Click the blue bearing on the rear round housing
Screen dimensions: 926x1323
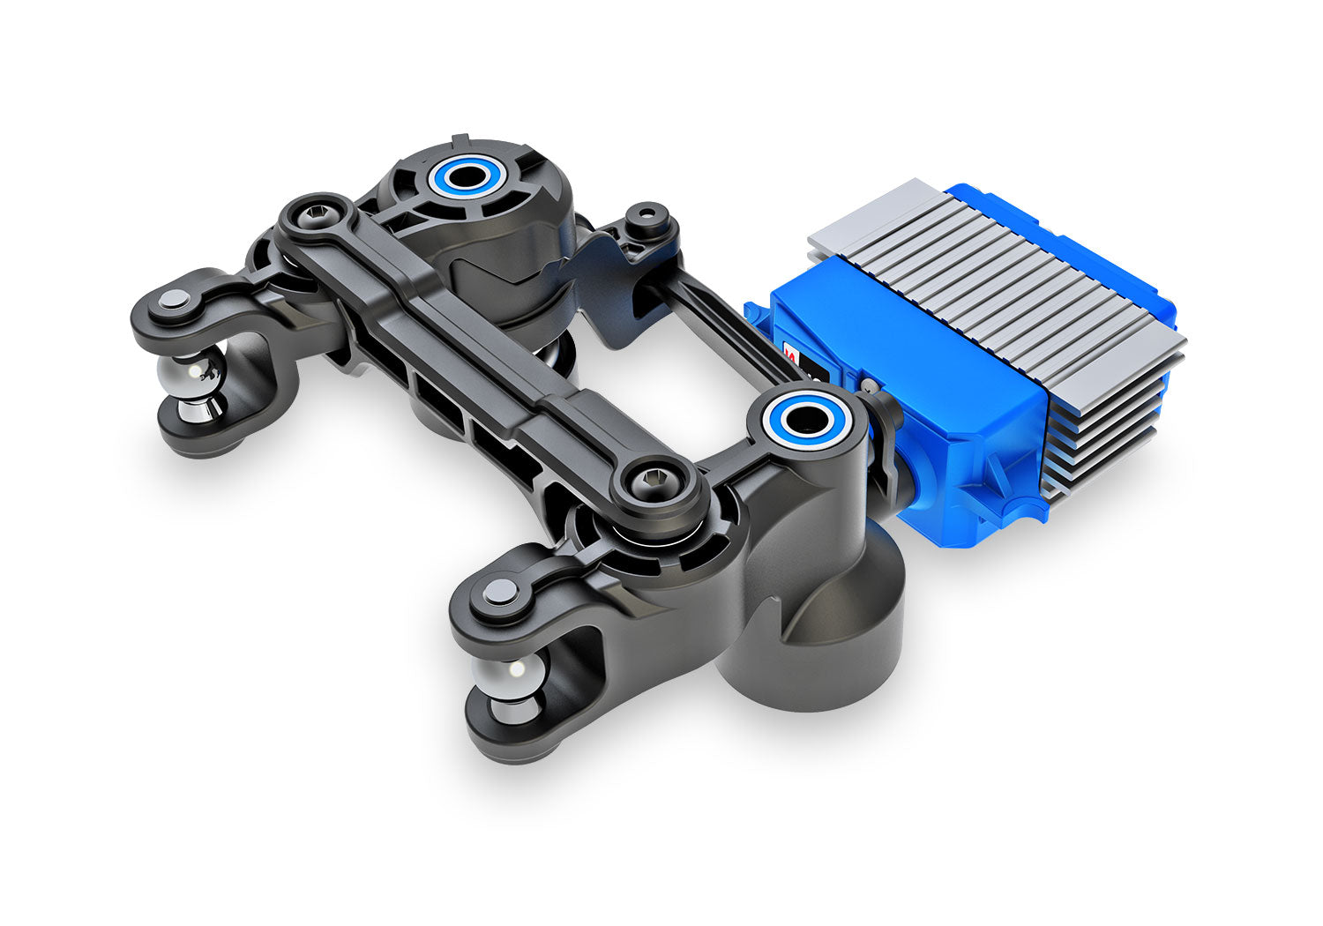tap(464, 176)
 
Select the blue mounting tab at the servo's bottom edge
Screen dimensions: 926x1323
tap(1023, 512)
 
